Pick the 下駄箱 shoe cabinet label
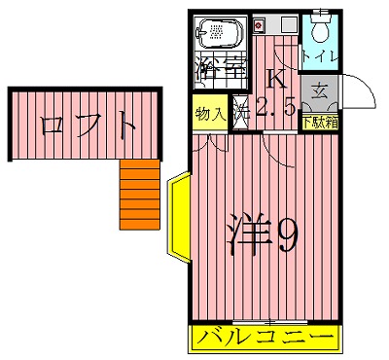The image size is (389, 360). click(x=319, y=123)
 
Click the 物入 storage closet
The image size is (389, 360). click(x=211, y=114)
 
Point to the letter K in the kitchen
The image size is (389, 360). click(x=276, y=80)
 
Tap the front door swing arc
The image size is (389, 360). click(x=362, y=90)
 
